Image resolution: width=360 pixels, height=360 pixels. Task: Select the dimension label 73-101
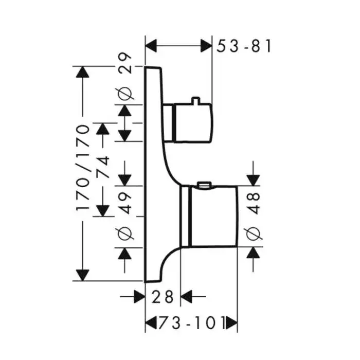pyautogui.click(x=191, y=323)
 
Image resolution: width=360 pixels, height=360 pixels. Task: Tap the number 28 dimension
pyautogui.click(x=164, y=297)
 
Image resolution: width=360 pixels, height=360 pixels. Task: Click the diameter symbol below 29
pyautogui.click(x=125, y=94)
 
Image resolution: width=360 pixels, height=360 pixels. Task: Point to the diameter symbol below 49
pyautogui.click(x=125, y=233)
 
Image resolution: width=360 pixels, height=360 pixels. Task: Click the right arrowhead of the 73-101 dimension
pyautogui.click(x=232, y=323)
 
